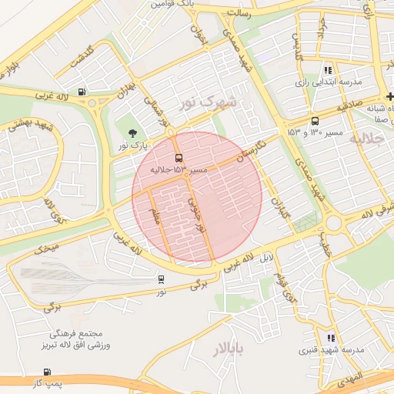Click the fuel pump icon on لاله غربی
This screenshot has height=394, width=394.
(x=82, y=92)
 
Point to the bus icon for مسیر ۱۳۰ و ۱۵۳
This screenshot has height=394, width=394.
(x=315, y=122)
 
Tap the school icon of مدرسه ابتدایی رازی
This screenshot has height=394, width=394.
(x=328, y=70)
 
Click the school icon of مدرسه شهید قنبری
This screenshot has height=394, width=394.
(x=331, y=338)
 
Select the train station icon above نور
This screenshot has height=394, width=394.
(x=161, y=280)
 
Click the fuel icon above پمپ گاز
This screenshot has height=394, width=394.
(x=48, y=372)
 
